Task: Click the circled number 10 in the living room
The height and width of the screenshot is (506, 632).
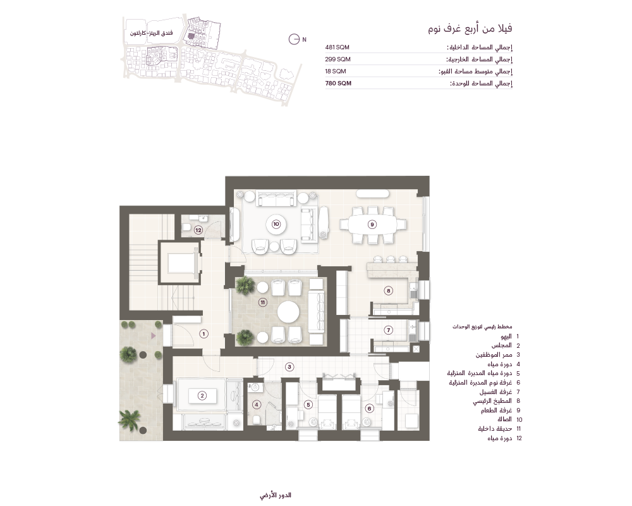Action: tap(276, 224)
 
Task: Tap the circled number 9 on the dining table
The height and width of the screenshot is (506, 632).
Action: tap(372, 225)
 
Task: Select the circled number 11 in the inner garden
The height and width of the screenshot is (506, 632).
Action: tap(263, 302)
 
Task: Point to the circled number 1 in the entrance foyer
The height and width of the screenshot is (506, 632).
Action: tap(204, 334)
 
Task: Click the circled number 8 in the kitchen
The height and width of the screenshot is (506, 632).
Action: tap(388, 290)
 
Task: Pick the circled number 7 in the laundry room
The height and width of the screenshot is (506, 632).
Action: tap(389, 330)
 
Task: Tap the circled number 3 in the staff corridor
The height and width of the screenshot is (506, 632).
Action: tap(289, 367)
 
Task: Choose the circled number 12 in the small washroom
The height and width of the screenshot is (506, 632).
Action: tap(198, 230)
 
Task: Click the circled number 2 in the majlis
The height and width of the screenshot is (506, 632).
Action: tap(202, 396)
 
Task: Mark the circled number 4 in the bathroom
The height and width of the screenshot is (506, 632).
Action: tap(257, 405)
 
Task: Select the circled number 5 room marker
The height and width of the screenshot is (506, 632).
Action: tap(308, 405)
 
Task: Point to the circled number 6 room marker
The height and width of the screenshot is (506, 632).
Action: tap(369, 409)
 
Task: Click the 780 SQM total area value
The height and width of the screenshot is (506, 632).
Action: tap(338, 83)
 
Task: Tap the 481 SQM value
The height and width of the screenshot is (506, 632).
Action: tap(337, 47)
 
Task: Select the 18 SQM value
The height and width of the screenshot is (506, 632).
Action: tap(336, 71)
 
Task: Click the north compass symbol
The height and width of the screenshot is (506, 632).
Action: tap(295, 39)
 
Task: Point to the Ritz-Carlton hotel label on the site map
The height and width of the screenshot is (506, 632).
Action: tap(151, 33)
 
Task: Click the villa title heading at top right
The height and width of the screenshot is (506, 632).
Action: tap(470, 28)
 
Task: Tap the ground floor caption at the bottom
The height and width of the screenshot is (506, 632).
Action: tap(276, 495)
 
